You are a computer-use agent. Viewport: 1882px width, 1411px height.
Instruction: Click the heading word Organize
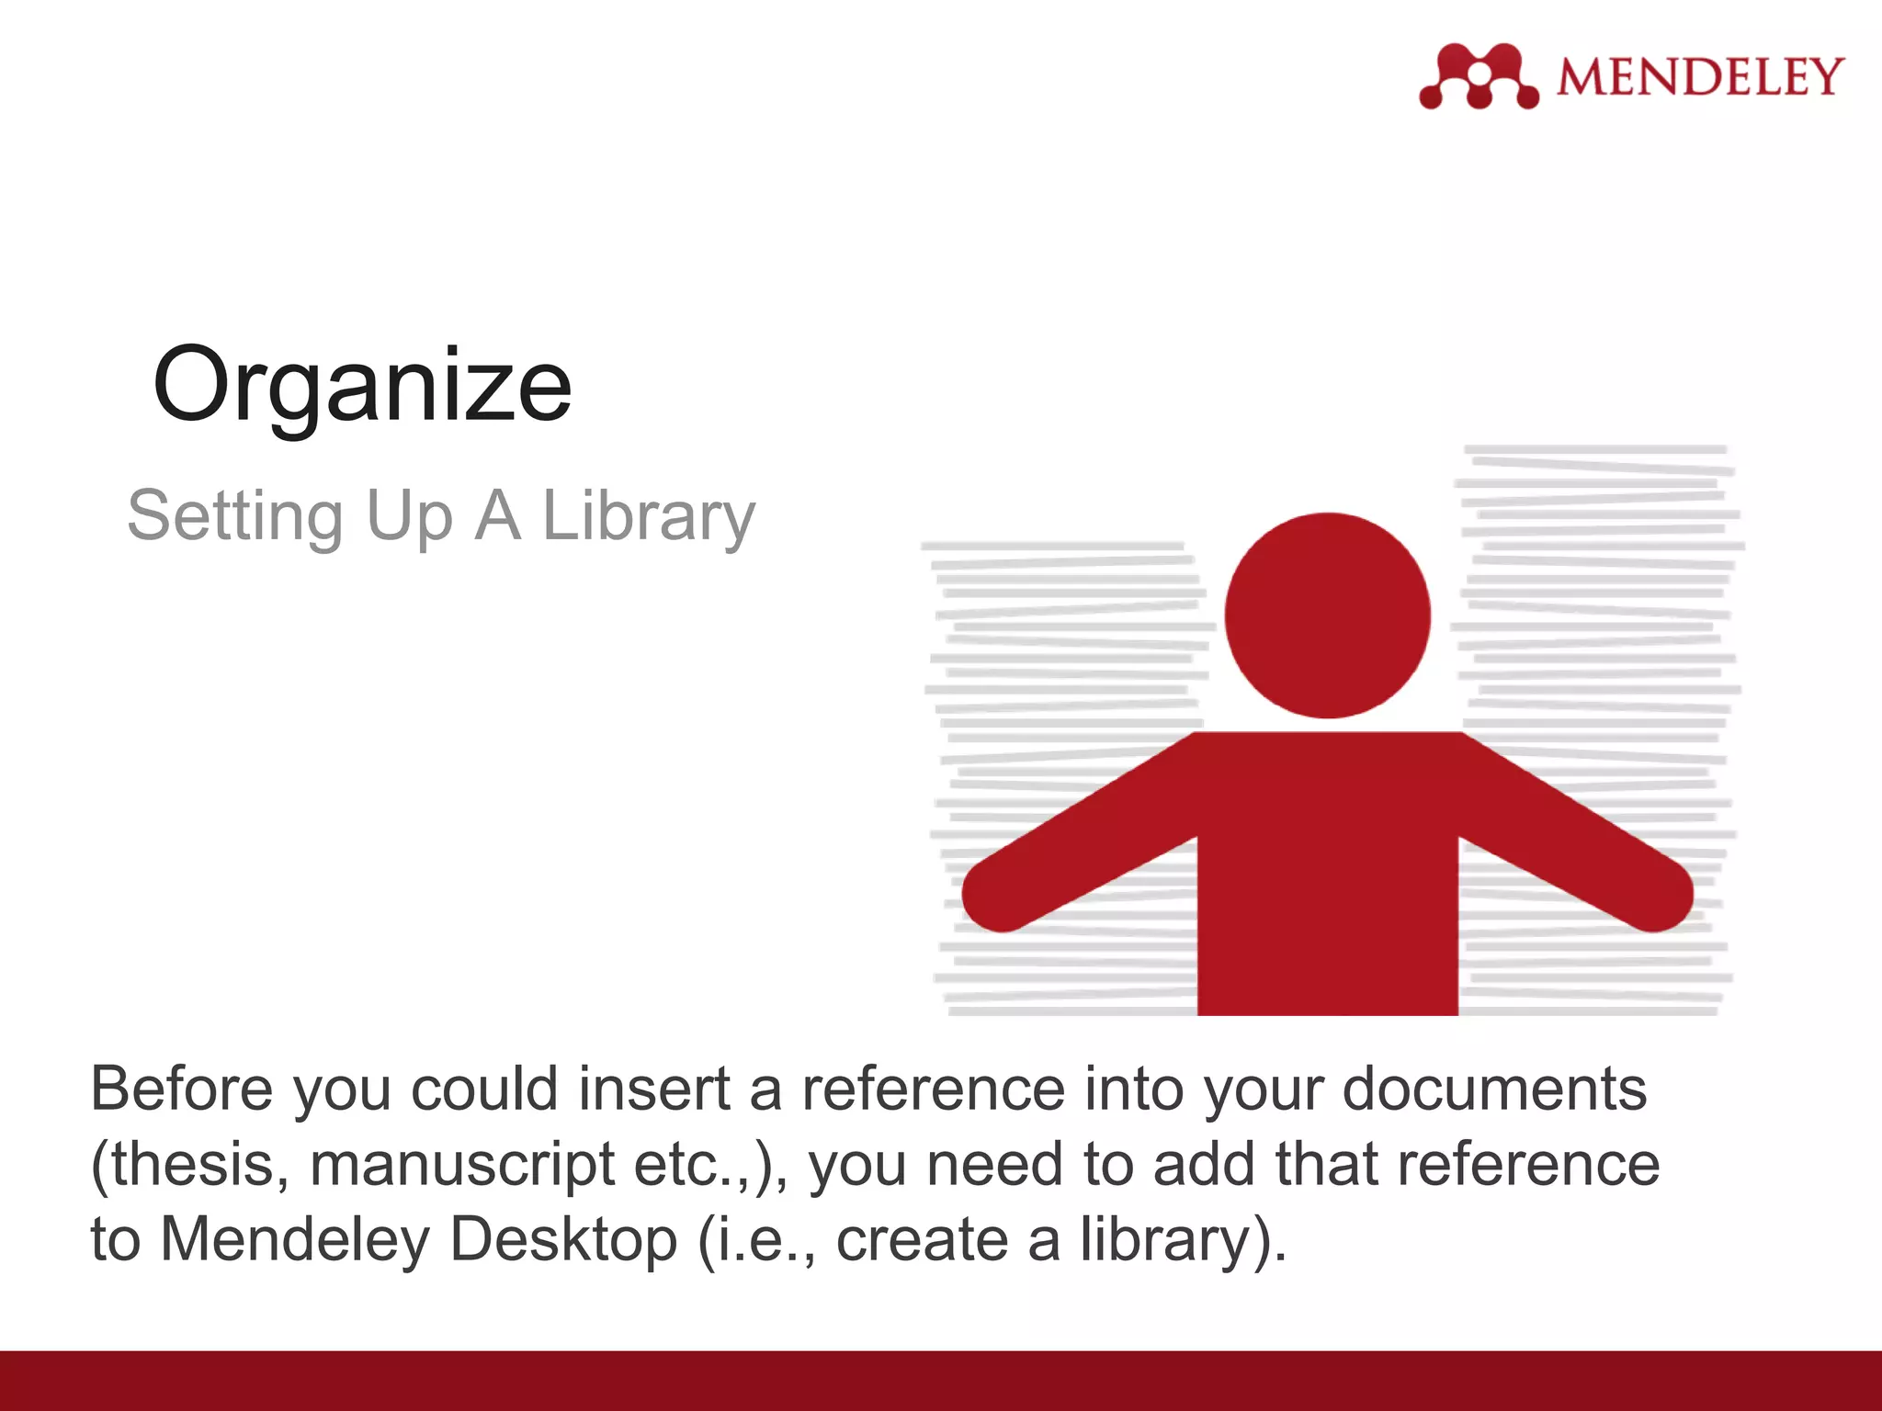click(x=362, y=385)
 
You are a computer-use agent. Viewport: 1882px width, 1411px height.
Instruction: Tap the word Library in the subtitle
click(x=649, y=516)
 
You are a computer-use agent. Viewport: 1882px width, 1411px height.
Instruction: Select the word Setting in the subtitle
click(x=234, y=516)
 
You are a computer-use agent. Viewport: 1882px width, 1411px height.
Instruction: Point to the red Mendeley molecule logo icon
click(x=1478, y=76)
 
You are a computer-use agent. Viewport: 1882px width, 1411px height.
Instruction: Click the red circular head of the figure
click(x=1327, y=615)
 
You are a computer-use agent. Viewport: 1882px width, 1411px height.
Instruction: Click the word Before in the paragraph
click(x=182, y=1089)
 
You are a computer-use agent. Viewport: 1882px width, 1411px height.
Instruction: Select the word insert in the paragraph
click(x=654, y=1089)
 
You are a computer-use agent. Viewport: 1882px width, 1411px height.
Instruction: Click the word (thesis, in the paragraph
click(x=190, y=1165)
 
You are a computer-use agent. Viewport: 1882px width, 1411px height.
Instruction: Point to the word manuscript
click(x=462, y=1165)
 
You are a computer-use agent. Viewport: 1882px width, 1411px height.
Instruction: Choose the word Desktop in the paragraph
click(x=563, y=1240)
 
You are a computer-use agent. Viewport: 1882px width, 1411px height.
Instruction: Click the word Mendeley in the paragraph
click(x=295, y=1240)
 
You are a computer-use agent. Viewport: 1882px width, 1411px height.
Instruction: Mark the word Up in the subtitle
click(x=409, y=516)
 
